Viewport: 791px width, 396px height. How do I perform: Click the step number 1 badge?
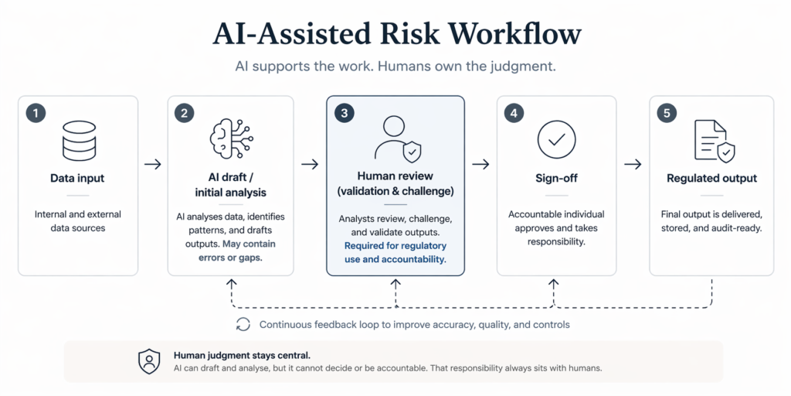(x=35, y=113)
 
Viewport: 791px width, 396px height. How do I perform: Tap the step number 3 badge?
(x=344, y=113)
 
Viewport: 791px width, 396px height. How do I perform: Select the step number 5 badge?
(x=666, y=113)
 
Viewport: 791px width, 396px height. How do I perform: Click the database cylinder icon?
(x=78, y=141)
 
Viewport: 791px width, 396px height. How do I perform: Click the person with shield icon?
(x=395, y=139)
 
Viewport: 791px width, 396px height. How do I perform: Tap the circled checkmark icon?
(x=556, y=139)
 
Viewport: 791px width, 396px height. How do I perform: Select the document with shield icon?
(x=713, y=141)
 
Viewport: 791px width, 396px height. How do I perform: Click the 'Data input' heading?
(x=78, y=178)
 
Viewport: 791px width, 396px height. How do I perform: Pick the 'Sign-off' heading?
(x=556, y=178)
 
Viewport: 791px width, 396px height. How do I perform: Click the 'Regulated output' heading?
(x=711, y=178)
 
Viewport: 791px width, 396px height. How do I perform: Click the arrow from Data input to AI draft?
(x=153, y=164)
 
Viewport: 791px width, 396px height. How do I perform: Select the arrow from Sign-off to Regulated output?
(x=633, y=164)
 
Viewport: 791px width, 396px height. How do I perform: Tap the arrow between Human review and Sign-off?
(x=480, y=164)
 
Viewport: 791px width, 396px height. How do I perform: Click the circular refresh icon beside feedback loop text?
(x=243, y=324)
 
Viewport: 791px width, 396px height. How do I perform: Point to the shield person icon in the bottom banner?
(x=148, y=361)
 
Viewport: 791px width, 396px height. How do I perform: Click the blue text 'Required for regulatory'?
(x=395, y=246)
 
